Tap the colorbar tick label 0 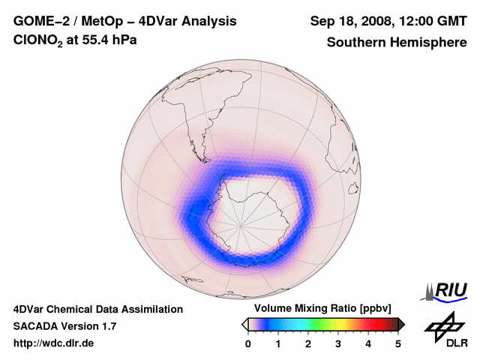click(248, 343)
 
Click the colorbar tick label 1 click(278, 343)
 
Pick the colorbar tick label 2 click(308, 343)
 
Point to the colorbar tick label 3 click(338, 343)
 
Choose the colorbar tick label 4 click(368, 343)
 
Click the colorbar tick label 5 click(398, 343)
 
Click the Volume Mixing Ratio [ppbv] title click(319, 308)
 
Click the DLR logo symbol click(442, 324)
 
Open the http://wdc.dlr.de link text click(54, 343)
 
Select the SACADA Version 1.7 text click(64, 326)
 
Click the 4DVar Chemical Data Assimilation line click(97, 309)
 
